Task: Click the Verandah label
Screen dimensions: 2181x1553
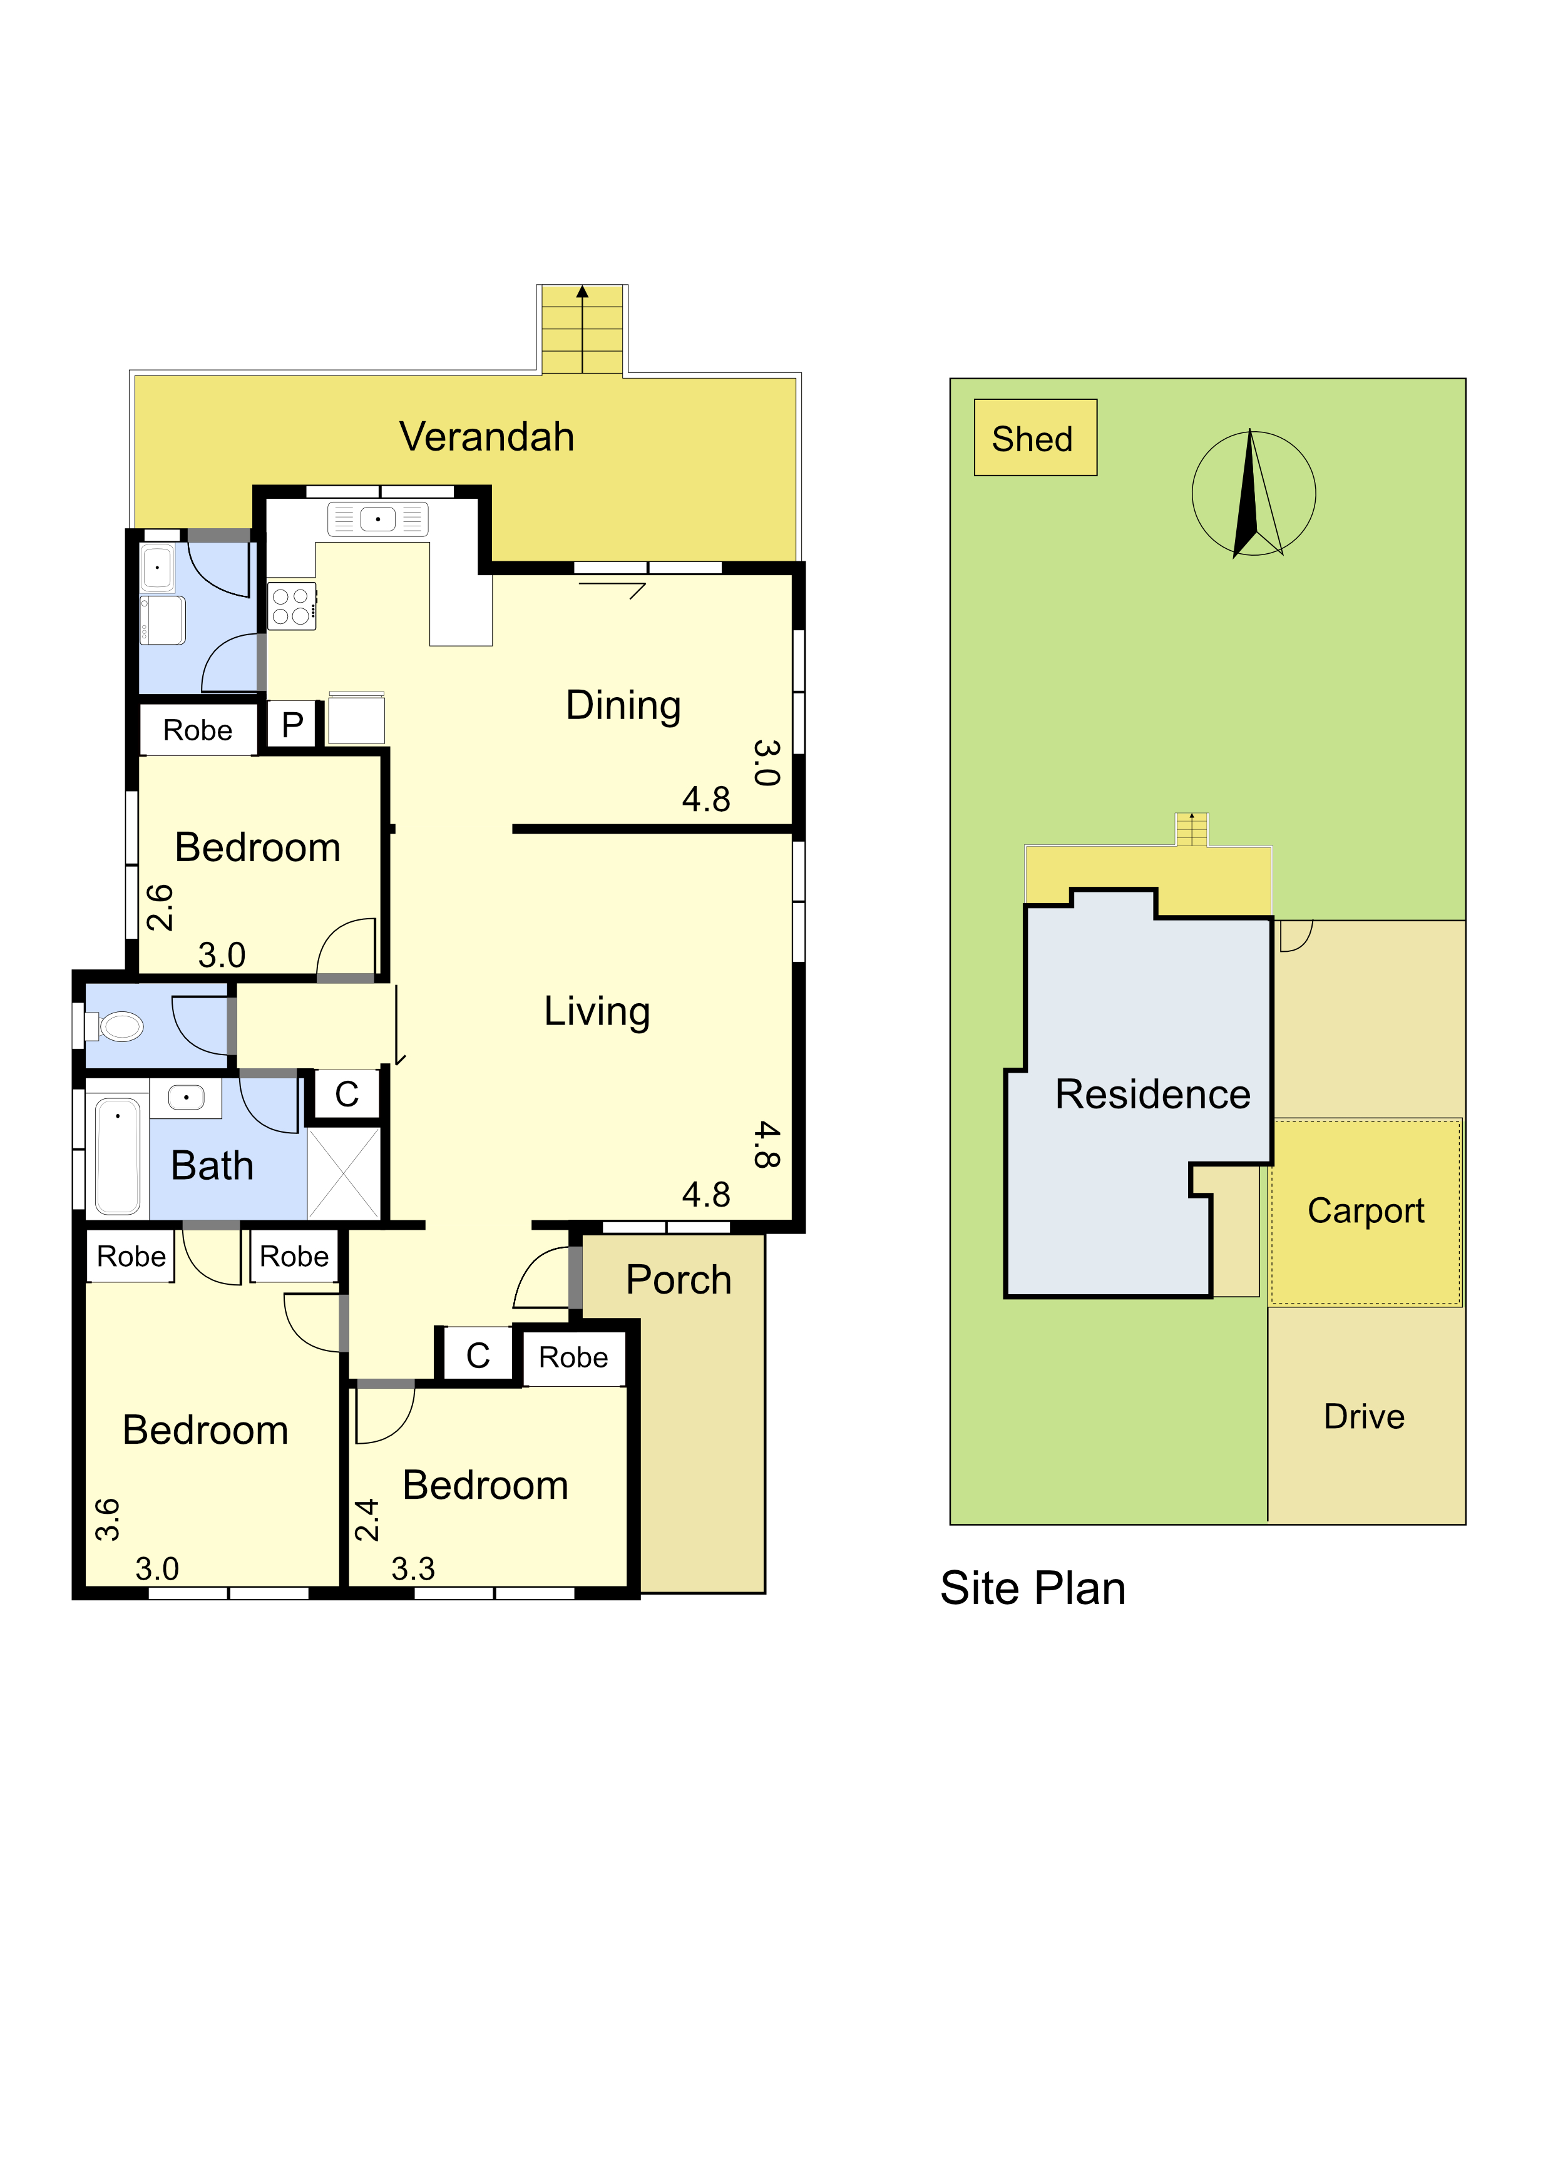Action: click(x=487, y=437)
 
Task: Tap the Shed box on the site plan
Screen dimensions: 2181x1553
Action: click(x=1035, y=438)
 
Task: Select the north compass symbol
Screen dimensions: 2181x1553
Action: click(x=1253, y=493)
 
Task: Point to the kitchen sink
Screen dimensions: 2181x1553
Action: click(x=377, y=519)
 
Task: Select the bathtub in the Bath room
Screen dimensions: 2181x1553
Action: click(x=118, y=1155)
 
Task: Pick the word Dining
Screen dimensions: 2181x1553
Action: click(x=623, y=706)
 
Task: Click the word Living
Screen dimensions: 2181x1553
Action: click(x=597, y=1011)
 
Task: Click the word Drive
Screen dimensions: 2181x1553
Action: click(x=1364, y=1416)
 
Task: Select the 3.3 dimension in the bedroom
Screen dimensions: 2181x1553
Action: click(x=413, y=1568)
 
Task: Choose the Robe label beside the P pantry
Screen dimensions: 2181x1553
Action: click(x=197, y=730)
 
